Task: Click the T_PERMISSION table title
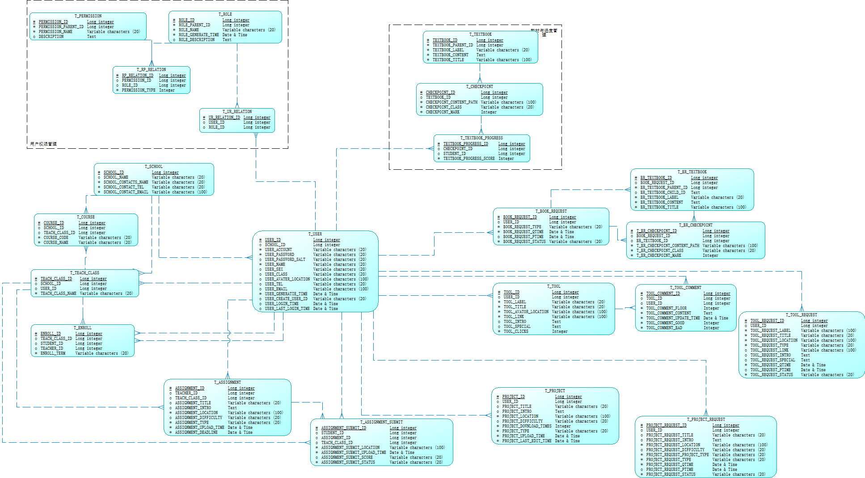88,16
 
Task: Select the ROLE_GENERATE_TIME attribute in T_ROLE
198,35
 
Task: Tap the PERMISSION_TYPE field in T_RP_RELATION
139,90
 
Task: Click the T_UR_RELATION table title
237,112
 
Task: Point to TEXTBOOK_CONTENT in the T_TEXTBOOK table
450,55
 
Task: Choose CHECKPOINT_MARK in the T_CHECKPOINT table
443,112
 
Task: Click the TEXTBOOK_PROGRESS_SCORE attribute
468,159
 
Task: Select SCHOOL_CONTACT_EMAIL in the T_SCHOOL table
126,192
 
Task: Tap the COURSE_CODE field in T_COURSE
56,238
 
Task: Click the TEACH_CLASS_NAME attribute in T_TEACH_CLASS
58,294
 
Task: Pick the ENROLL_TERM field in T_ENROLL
53,353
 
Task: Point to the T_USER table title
315,234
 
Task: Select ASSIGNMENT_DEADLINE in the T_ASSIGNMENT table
196,432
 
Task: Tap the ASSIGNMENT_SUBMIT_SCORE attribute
346,457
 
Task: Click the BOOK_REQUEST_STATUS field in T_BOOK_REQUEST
524,242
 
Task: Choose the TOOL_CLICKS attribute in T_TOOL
516,331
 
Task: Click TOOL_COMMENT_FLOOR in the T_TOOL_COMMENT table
666,308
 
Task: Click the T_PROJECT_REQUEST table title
705,419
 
